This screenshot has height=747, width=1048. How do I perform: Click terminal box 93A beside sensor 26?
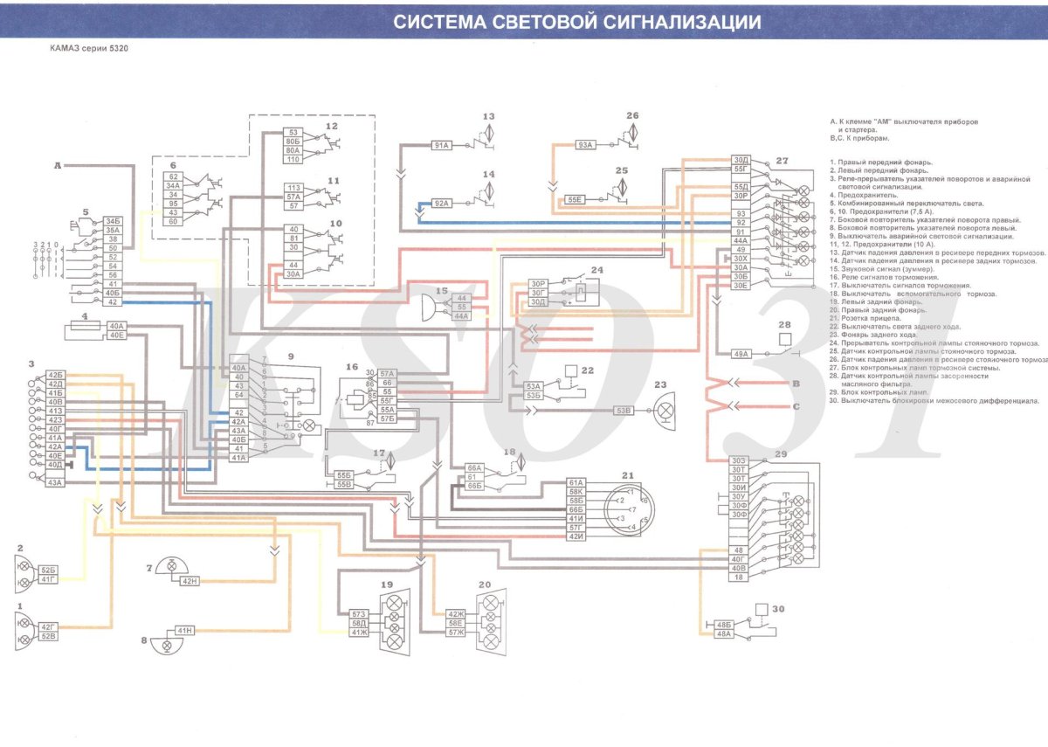point(585,146)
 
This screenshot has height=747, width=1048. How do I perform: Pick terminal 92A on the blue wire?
point(441,203)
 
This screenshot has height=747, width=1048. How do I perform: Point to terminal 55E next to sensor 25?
point(576,199)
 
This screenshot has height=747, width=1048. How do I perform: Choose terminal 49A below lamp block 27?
point(741,354)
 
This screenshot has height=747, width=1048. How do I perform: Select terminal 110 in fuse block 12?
point(293,159)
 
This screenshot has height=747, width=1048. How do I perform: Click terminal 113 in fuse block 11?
point(293,188)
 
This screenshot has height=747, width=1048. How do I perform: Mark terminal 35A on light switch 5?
point(112,230)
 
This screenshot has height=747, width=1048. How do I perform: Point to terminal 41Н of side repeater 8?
point(184,631)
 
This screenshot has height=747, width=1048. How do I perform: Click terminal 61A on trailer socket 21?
point(576,482)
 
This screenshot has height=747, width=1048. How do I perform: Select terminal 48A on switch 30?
point(723,634)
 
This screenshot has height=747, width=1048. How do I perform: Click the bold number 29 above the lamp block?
point(779,455)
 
